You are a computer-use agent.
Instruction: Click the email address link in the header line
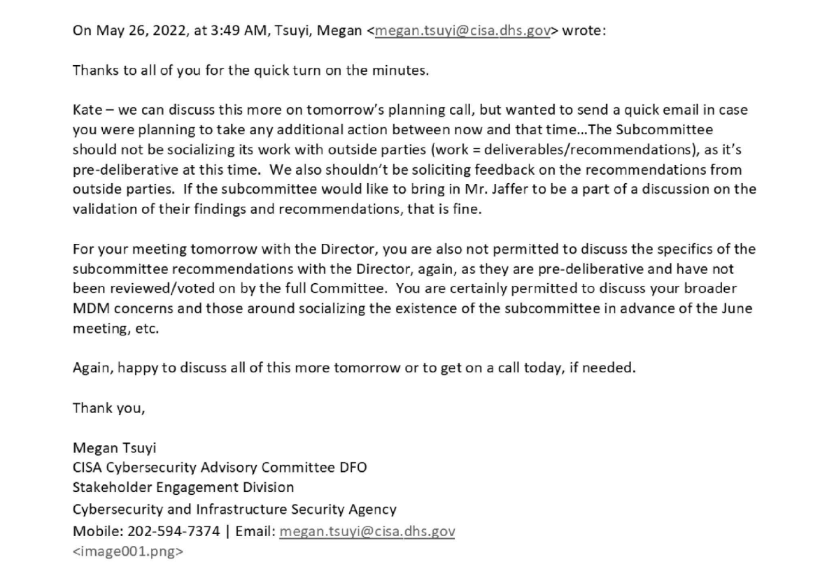click(462, 32)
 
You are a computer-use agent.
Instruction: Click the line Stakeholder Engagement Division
click(183, 488)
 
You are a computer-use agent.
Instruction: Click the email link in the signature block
click(367, 531)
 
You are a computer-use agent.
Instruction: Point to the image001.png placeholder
click(128, 551)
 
